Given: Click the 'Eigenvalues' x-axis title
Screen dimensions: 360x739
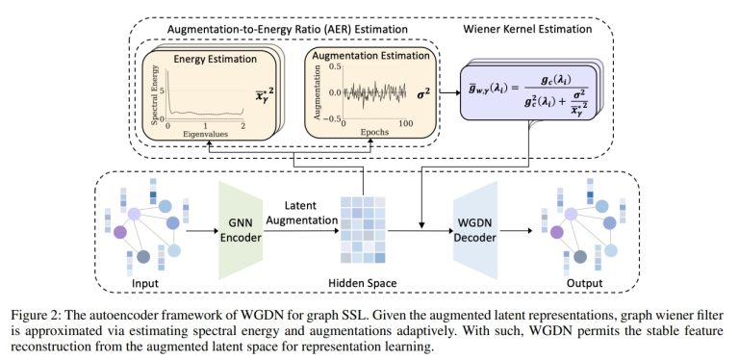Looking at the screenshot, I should point(204,136).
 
